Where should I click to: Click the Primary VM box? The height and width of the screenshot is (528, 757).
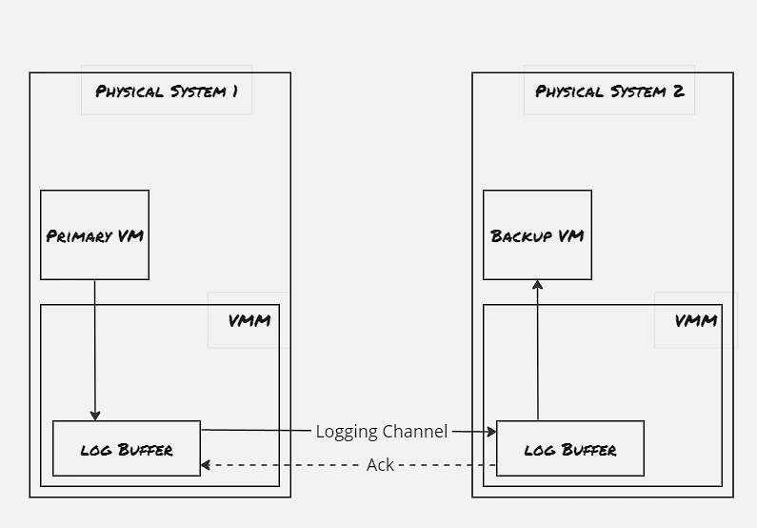94,234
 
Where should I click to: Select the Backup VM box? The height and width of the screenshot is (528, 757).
537,234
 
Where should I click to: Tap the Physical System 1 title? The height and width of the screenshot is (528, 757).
167,91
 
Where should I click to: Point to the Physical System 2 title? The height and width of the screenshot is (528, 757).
609,91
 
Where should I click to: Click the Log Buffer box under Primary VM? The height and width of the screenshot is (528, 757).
127,448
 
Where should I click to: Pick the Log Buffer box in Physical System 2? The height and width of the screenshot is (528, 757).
570,448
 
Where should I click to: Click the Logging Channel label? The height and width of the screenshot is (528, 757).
382,432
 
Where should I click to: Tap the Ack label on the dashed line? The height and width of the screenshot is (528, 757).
381,465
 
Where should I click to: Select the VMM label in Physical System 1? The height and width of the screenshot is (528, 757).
249,320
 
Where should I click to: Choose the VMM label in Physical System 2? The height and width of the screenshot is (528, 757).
696,320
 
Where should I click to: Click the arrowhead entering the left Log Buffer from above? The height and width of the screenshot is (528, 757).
95,416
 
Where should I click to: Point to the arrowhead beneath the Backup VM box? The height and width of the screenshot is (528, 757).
537,285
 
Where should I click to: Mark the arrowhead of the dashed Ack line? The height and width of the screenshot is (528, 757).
206,465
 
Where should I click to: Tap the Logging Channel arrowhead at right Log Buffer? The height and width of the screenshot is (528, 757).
491,432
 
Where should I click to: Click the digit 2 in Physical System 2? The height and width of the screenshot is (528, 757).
678,91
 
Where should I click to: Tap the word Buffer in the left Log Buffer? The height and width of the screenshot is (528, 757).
146,450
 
